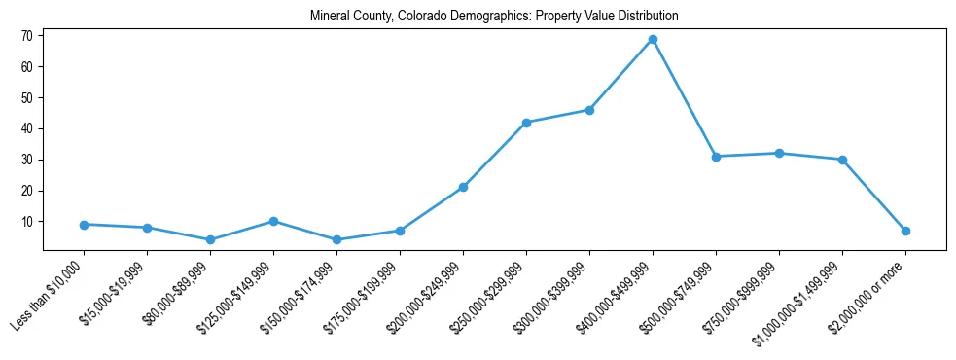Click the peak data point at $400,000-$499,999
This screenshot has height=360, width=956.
coord(653,40)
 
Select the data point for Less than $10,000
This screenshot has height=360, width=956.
coord(84,225)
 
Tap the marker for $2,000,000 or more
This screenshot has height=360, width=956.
coord(905,231)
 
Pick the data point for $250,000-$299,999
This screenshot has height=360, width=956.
coord(526,123)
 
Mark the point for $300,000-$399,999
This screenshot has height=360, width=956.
coord(589,110)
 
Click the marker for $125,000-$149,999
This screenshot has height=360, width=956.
coord(273,221)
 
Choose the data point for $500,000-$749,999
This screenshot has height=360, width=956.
coord(716,157)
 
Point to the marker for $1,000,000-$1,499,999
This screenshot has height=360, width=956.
coord(842,160)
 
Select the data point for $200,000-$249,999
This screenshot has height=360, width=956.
coord(463,187)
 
